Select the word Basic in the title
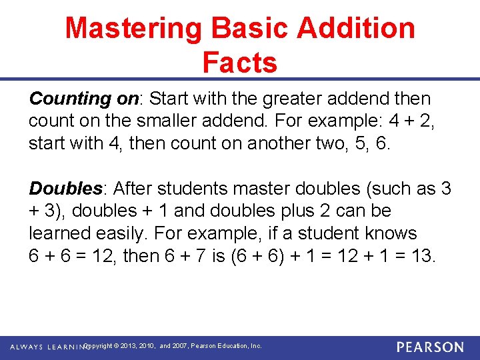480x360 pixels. (247, 29)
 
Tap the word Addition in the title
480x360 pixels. (357, 29)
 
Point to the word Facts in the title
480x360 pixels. (239, 63)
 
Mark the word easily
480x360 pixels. (124, 234)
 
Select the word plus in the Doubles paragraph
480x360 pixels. (297, 211)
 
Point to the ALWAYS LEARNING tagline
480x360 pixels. (47, 347)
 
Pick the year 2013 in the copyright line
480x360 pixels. (130, 347)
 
